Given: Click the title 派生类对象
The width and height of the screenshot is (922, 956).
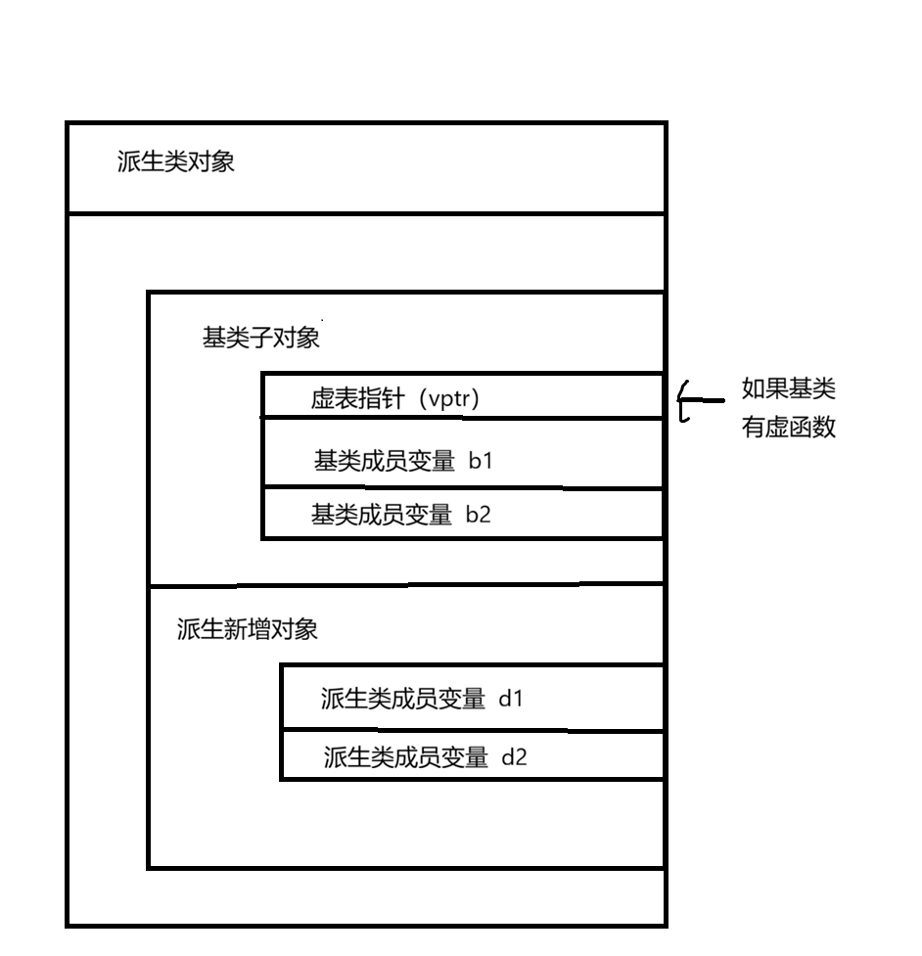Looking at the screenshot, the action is click(175, 162).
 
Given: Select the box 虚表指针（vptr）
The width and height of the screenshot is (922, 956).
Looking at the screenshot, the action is click(462, 395).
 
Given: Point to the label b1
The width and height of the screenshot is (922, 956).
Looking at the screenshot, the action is click(480, 460).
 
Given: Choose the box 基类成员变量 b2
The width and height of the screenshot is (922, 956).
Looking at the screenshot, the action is click(462, 513).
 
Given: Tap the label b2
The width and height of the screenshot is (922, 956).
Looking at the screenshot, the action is click(478, 514).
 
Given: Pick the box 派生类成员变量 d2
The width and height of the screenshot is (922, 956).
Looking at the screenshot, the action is click(472, 753).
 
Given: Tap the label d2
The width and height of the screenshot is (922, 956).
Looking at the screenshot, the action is click(513, 755).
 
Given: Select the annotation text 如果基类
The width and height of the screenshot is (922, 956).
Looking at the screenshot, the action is click(788, 390).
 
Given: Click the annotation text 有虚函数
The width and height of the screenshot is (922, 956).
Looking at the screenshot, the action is click(788, 429).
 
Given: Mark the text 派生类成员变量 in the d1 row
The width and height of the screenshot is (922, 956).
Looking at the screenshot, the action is click(402, 699).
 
